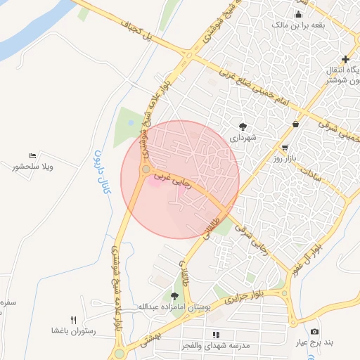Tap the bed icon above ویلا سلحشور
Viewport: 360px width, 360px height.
[x=32, y=155]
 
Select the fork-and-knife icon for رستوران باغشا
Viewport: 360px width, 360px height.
[x=73, y=320]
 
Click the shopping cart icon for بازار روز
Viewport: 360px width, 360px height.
[x=284, y=148]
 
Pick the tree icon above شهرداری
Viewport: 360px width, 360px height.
[x=243, y=127]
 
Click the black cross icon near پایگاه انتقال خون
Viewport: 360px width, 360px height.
[x=345, y=60]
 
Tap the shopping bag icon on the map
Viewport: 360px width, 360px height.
[x=294, y=124]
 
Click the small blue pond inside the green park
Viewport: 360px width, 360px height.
[x=131, y=124]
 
